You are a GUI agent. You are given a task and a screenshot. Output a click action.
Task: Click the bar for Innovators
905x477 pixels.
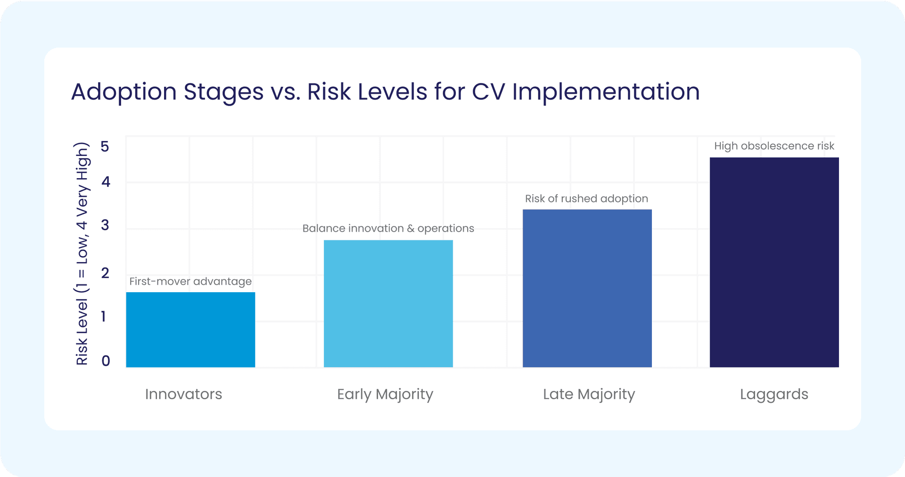[190, 329]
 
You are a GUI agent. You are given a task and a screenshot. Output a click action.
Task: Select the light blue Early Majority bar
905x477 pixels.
[388, 304]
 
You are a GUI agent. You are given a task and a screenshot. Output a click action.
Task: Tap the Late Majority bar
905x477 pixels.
[587, 288]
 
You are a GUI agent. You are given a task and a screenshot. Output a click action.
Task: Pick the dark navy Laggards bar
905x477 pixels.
[774, 262]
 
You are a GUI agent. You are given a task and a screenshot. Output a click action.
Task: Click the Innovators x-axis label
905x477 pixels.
[183, 394]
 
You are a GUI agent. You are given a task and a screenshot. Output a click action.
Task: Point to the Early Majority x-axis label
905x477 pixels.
[385, 394]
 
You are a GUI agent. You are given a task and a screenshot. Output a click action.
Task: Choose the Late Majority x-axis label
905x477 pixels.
[589, 394]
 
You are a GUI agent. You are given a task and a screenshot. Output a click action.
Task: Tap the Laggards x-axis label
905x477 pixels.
[774, 394]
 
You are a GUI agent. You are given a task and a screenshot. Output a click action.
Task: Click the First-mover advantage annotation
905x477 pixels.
[190, 281]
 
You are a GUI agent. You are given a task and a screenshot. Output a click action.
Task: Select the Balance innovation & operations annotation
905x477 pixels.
[388, 229]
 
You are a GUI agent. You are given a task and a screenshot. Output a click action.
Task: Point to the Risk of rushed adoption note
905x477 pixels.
[586, 198]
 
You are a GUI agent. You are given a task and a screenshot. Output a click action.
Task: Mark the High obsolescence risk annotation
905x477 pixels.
[774, 146]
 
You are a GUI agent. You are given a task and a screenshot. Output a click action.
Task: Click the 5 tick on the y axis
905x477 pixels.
[105, 147]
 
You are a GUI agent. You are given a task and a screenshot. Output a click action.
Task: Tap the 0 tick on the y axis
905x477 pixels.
[106, 361]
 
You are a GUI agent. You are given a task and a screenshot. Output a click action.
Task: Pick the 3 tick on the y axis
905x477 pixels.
[105, 225]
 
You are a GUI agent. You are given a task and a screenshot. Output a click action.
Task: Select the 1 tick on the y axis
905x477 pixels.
[103, 316]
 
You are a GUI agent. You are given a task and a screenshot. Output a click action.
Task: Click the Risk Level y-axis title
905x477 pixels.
[82, 254]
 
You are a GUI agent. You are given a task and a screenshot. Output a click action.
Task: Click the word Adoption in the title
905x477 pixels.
[124, 92]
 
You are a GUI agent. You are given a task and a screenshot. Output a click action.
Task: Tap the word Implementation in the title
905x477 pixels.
[606, 92]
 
